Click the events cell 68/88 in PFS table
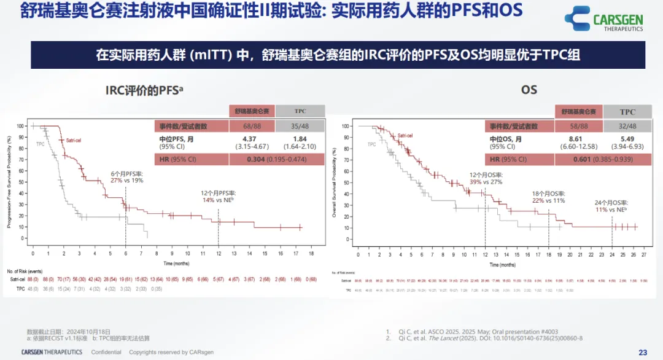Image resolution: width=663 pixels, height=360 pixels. point(251,126)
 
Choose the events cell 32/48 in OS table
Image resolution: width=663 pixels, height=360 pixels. point(627,126)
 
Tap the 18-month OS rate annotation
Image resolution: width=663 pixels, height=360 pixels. point(548,197)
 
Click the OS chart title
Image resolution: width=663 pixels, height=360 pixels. point(529,90)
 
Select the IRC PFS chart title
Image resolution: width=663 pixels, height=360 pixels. point(145,90)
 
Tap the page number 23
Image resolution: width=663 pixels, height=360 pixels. point(643,352)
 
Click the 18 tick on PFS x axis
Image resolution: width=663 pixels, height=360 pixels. point(311,253)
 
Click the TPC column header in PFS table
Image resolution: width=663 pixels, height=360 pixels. point(300,111)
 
